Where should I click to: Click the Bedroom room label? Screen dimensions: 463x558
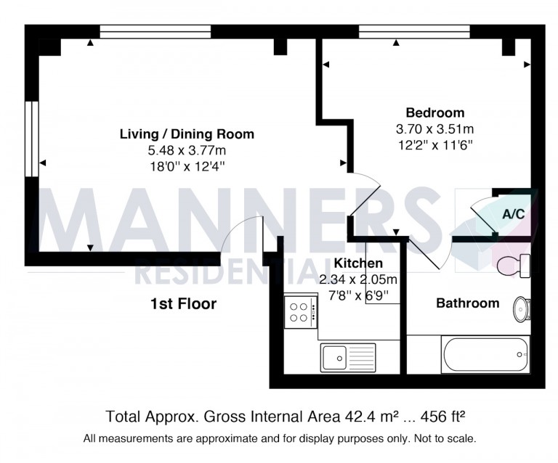[434, 113]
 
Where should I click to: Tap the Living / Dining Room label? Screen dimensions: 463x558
[187, 134]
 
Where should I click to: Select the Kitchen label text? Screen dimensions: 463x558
[358, 263]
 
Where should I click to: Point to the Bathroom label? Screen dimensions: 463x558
[467, 303]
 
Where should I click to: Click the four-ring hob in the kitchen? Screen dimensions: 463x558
[298, 312]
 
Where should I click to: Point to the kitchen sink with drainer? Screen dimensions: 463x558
[347, 357]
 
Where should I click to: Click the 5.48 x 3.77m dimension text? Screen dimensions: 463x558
[187, 150]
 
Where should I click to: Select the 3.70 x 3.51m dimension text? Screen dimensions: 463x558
[434, 129]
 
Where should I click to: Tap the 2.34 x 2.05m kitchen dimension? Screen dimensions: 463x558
[358, 279]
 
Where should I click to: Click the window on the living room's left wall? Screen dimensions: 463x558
[31, 138]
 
